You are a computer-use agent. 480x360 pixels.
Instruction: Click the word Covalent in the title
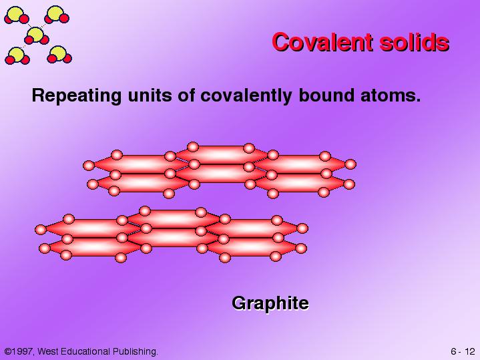(322, 42)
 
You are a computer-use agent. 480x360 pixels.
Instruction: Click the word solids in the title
(414, 42)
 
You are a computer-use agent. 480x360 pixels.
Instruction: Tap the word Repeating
(77, 96)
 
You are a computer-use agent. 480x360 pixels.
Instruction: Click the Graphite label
(270, 303)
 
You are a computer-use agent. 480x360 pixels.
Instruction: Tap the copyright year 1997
(22, 351)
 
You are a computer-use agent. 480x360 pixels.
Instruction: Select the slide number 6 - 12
(462, 351)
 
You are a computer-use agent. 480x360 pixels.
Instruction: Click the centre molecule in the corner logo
(36, 35)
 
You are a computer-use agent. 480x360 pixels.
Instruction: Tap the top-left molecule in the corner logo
(16, 15)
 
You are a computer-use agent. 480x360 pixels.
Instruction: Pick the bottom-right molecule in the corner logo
(59, 55)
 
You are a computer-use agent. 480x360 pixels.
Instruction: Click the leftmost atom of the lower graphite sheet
(41, 230)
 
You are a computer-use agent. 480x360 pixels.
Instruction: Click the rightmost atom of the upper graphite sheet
(350, 164)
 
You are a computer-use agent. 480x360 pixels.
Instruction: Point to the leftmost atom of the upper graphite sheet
(89, 166)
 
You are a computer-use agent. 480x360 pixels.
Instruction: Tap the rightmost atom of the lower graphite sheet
(302, 228)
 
